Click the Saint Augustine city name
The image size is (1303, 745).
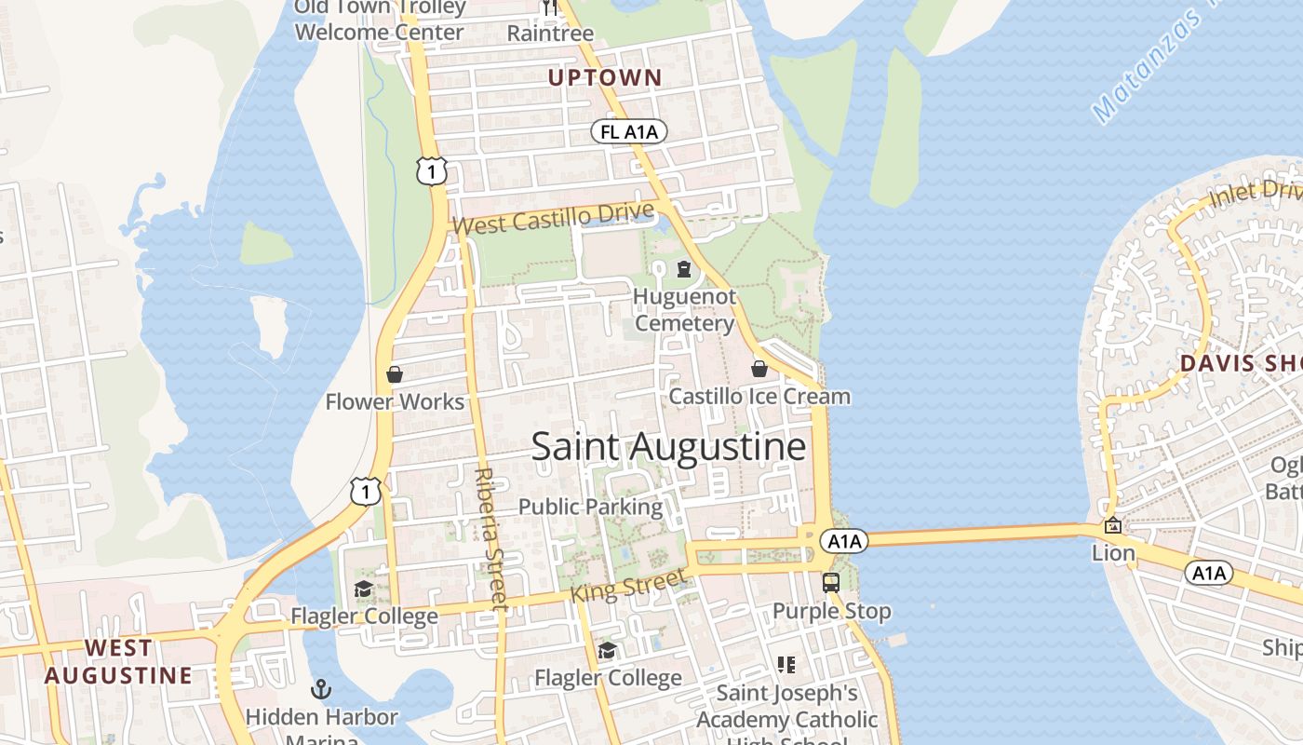(668, 447)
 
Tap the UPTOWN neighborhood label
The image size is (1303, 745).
(604, 78)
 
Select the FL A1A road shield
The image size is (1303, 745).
(629, 132)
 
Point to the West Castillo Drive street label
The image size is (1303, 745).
(553, 219)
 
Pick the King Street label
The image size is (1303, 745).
(632, 585)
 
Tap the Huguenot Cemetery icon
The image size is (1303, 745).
(684, 270)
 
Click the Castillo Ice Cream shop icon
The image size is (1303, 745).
(759, 370)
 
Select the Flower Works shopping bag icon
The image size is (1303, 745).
(395, 374)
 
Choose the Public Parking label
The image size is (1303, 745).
(590, 508)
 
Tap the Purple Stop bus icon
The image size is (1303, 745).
(831, 583)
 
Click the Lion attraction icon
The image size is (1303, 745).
(1112, 526)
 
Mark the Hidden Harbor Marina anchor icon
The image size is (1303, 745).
(321, 689)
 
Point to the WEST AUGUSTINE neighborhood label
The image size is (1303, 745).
(118, 661)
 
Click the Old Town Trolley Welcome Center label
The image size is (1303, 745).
(379, 20)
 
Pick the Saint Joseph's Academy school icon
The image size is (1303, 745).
(786, 665)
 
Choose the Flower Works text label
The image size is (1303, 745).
(395, 402)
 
